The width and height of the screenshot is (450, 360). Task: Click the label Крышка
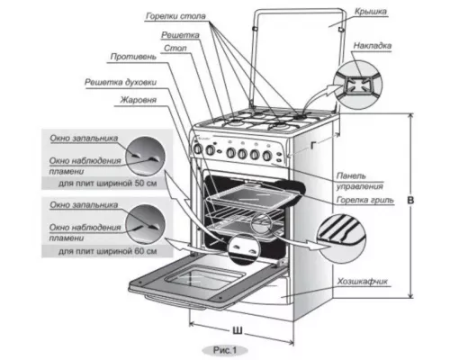pos(371,12)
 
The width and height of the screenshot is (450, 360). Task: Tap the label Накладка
pos(372,46)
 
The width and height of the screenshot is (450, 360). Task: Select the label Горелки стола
pos(175,16)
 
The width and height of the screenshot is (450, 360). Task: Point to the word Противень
pos(133,57)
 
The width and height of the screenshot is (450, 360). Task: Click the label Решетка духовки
pos(121,82)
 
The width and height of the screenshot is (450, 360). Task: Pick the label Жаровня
pos(139,100)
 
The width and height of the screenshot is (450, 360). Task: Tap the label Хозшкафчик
pos(363,282)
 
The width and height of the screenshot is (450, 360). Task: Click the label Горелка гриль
pos(364,200)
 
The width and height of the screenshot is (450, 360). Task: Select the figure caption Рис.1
pos(225,350)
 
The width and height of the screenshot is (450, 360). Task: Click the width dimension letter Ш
pos(238,330)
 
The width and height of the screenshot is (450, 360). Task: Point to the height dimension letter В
pos(410,200)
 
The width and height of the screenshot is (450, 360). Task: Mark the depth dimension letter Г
pos(313,146)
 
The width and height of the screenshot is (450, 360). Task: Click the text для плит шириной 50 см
pos(107,183)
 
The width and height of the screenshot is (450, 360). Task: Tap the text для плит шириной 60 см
pos(107,251)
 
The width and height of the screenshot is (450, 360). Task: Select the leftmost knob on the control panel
pos(198,148)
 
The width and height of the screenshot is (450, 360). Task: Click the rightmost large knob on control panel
pos(266,156)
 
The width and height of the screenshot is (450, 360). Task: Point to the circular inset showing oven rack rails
pos(342,238)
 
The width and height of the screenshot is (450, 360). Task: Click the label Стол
pos(175,48)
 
